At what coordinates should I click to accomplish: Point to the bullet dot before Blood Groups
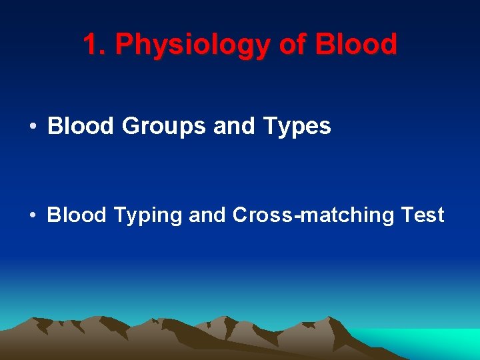click(32, 126)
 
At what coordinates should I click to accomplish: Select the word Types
click(296, 127)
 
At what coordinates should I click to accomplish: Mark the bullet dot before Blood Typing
click(32, 215)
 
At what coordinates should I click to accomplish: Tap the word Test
click(423, 215)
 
